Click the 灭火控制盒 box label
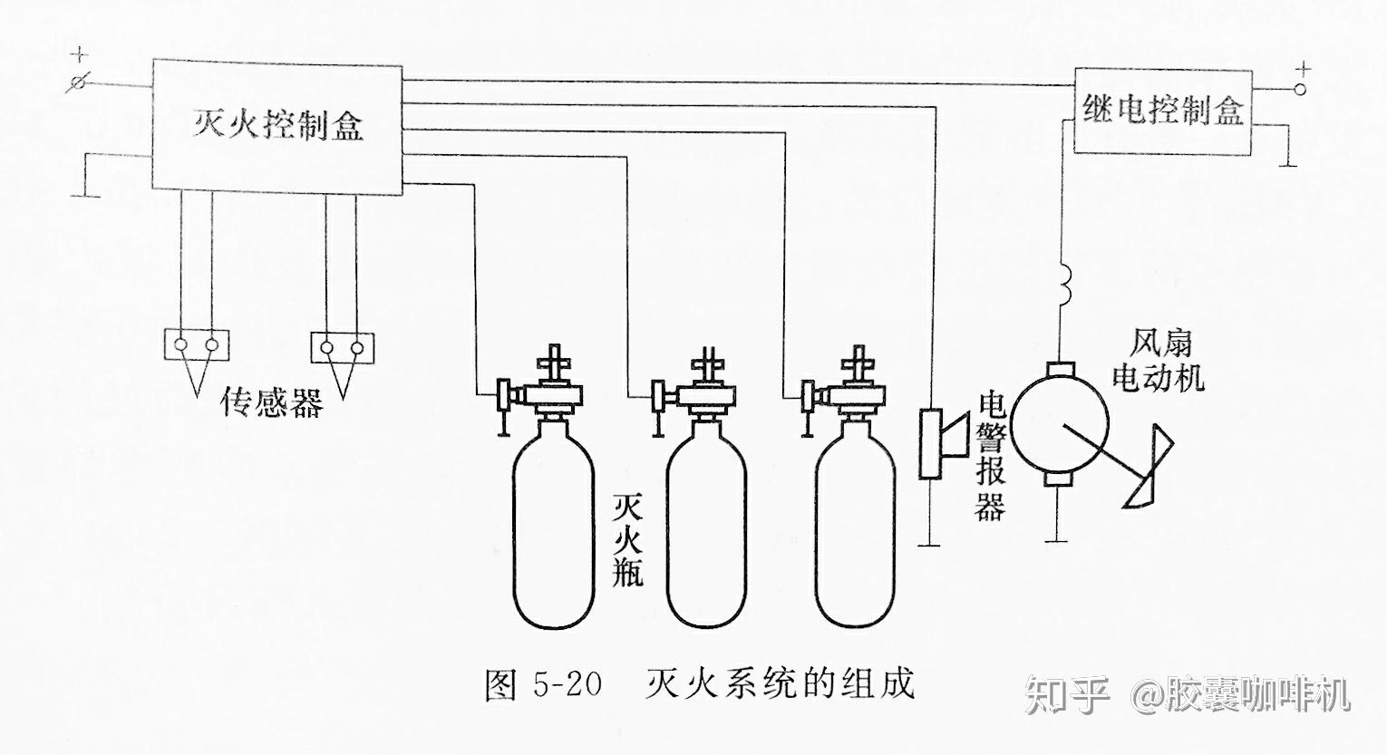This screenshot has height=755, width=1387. [x=277, y=125]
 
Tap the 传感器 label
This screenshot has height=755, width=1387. [x=272, y=402]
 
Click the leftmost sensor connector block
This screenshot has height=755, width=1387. [x=196, y=344]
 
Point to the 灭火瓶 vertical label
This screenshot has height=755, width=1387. [x=627, y=540]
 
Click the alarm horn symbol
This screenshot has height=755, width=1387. [x=943, y=443]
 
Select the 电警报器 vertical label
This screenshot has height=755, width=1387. [x=991, y=458]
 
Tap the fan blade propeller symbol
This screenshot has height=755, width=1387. [x=1144, y=467]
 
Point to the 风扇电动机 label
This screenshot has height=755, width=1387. [x=1159, y=360]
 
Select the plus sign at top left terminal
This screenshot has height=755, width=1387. [x=79, y=53]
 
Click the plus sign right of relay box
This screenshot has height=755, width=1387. [x=1302, y=68]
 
